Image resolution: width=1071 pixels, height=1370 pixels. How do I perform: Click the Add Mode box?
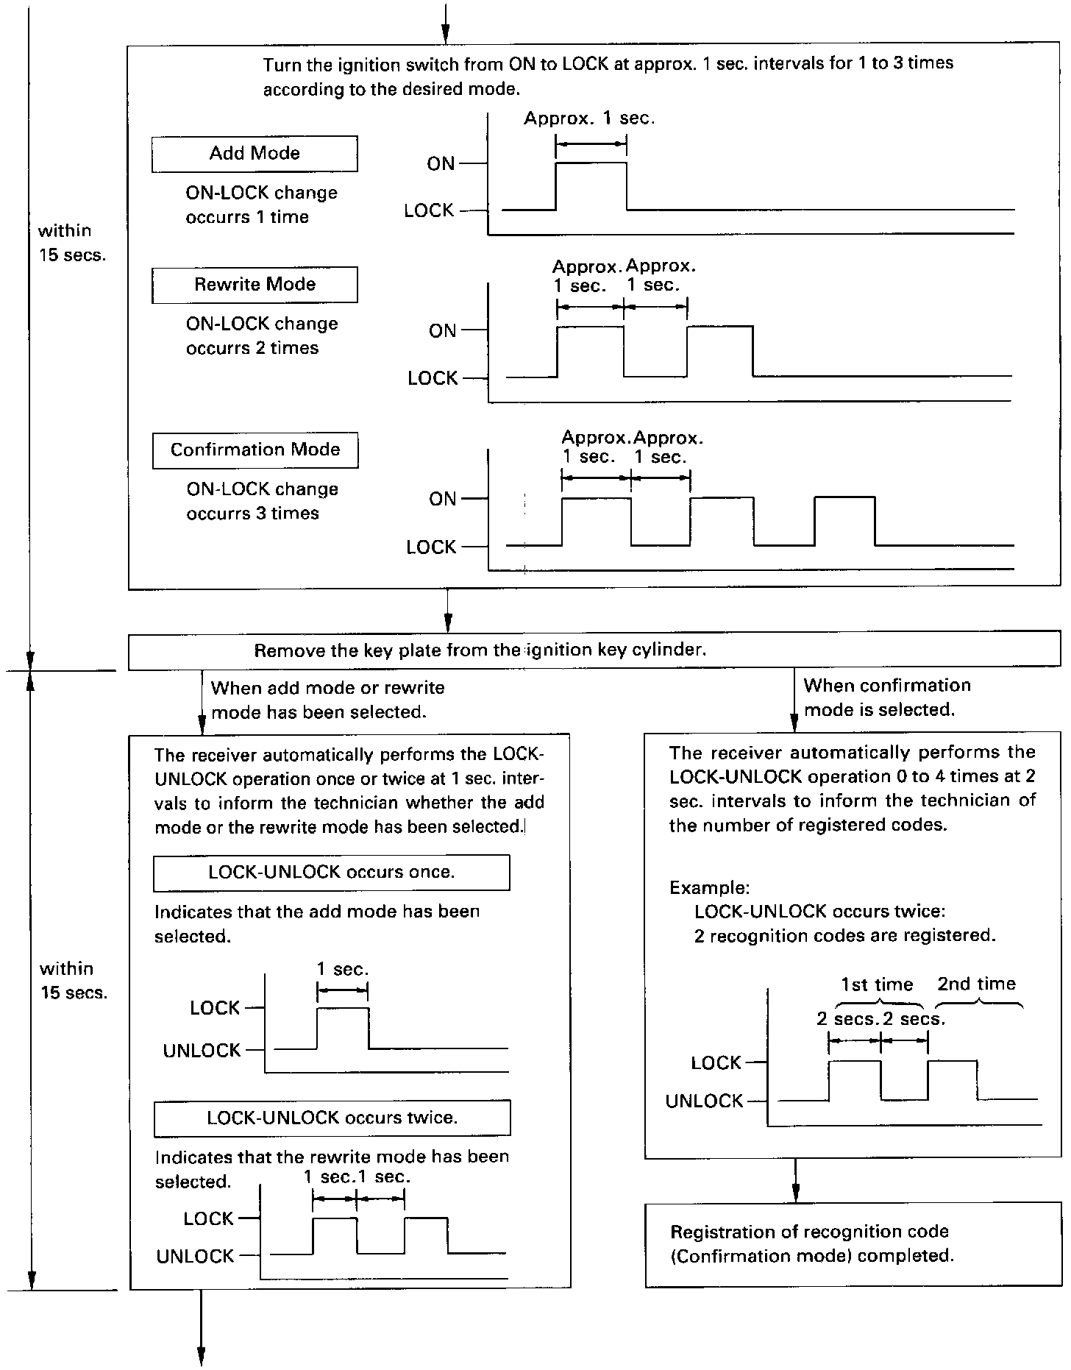[255, 154]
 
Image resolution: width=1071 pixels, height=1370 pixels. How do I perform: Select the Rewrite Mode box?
[255, 285]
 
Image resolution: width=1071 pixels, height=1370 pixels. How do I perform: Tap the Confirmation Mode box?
[255, 450]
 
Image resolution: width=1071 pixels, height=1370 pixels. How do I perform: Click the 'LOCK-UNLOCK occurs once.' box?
[331, 873]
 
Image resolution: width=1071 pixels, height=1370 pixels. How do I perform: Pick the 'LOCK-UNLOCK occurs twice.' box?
[332, 1118]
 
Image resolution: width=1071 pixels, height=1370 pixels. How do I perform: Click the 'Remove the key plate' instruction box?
[595, 651]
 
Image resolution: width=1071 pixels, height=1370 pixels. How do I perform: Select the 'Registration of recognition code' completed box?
[853, 1244]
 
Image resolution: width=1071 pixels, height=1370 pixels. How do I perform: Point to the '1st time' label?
[877, 985]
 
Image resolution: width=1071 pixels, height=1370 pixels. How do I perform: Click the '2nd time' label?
[976, 984]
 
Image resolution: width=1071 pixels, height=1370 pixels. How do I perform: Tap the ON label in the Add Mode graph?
[441, 164]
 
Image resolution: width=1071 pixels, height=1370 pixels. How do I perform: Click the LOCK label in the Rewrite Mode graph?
[433, 378]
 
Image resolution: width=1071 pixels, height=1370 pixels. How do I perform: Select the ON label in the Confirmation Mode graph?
[443, 500]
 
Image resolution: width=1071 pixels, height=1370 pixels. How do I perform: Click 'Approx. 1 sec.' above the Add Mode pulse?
[588, 118]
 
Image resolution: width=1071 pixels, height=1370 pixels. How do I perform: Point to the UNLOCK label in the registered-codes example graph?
[704, 1101]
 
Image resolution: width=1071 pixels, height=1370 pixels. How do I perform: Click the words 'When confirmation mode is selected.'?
[886, 698]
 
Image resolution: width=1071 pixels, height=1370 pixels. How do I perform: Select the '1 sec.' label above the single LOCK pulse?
[342, 970]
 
